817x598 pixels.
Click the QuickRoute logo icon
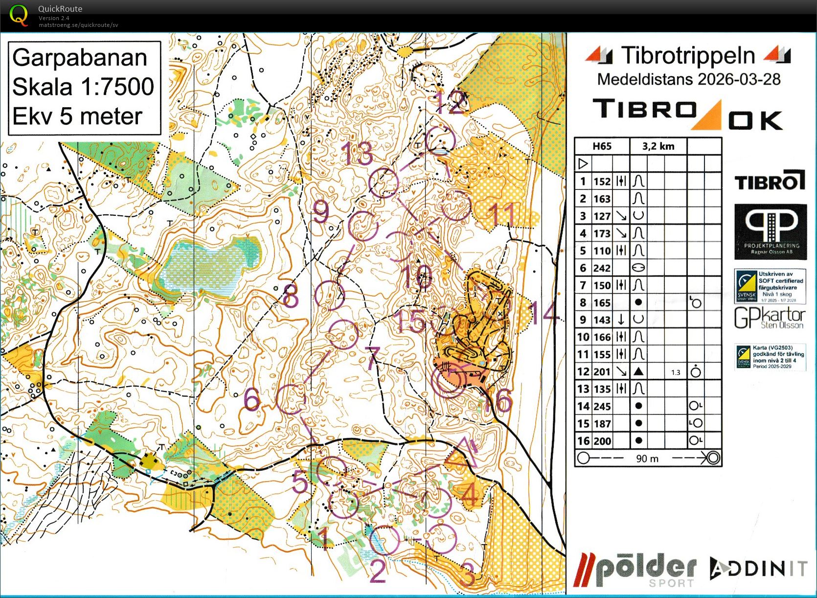click(x=19, y=15)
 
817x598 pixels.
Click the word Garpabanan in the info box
click(x=80, y=58)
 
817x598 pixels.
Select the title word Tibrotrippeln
click(x=688, y=56)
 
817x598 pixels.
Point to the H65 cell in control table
click(x=602, y=146)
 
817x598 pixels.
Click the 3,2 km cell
click(x=658, y=146)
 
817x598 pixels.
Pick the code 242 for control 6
click(x=602, y=268)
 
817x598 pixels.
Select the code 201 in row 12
click(x=602, y=372)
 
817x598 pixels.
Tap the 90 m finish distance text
click(x=647, y=459)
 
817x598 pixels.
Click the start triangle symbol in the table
click(x=583, y=163)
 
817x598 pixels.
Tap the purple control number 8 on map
click(x=291, y=296)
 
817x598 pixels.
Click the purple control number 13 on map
click(x=357, y=154)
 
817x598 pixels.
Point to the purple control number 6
click(x=251, y=399)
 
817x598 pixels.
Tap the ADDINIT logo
click(x=758, y=569)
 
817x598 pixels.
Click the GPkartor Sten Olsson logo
click(x=770, y=318)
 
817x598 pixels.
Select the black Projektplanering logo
click(x=770, y=231)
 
